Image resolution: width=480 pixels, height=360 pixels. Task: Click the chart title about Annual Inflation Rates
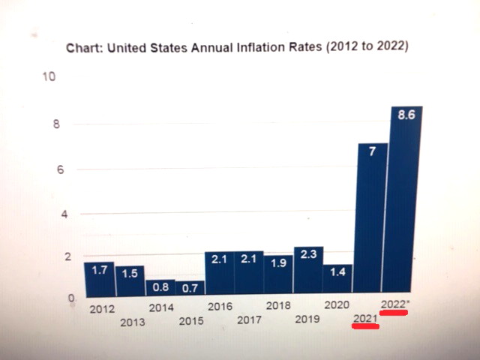point(237,46)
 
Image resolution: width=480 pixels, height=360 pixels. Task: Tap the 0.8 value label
point(160,287)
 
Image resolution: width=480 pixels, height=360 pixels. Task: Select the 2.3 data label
point(308,255)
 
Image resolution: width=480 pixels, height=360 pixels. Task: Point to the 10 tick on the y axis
point(48,78)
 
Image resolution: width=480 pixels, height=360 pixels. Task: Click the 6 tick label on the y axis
point(55,169)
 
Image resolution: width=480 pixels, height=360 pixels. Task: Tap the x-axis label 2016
point(219,307)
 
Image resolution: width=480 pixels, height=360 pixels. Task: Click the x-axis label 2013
point(132,322)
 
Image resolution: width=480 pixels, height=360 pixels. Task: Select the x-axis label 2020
point(337,306)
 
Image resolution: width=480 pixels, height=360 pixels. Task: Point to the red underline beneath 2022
point(394,313)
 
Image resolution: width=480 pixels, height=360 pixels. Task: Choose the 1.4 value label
point(337,271)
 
